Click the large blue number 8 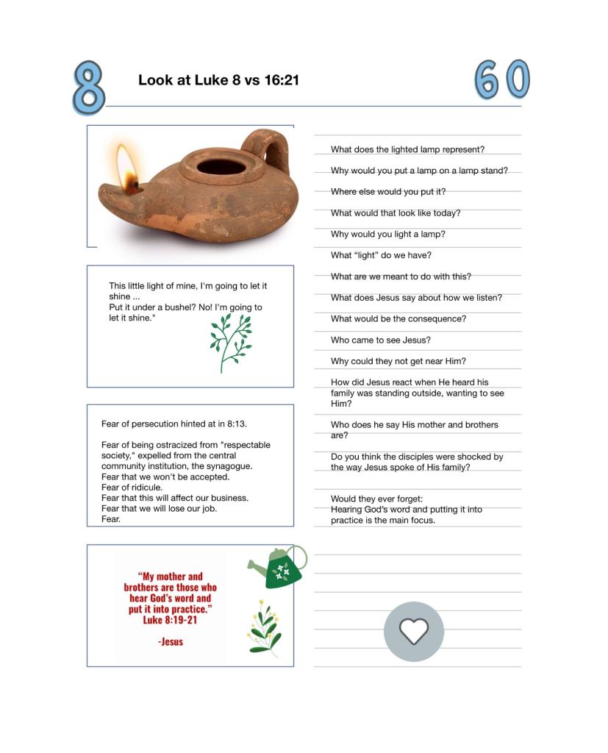[88, 88]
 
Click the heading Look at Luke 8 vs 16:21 [218, 80]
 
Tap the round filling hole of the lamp [221, 166]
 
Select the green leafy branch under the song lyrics [230, 342]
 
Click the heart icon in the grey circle [414, 631]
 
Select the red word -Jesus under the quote [171, 641]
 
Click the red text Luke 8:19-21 [170, 620]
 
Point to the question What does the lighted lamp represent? [407, 149]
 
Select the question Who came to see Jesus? [381, 340]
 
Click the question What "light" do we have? [381, 255]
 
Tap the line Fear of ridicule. [132, 488]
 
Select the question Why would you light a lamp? [388, 234]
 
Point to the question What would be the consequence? [398, 319]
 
